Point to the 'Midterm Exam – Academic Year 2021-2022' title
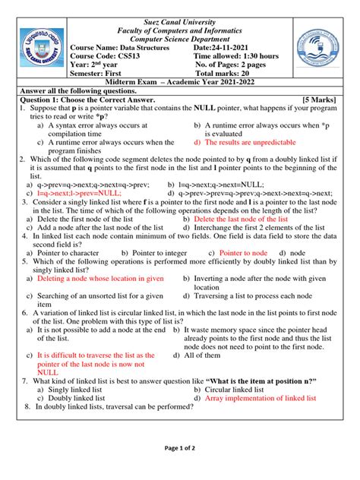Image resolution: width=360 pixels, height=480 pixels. click(179, 80)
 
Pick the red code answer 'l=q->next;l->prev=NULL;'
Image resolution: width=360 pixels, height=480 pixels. click(78, 193)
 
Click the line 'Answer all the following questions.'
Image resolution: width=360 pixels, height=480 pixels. click(82, 90)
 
